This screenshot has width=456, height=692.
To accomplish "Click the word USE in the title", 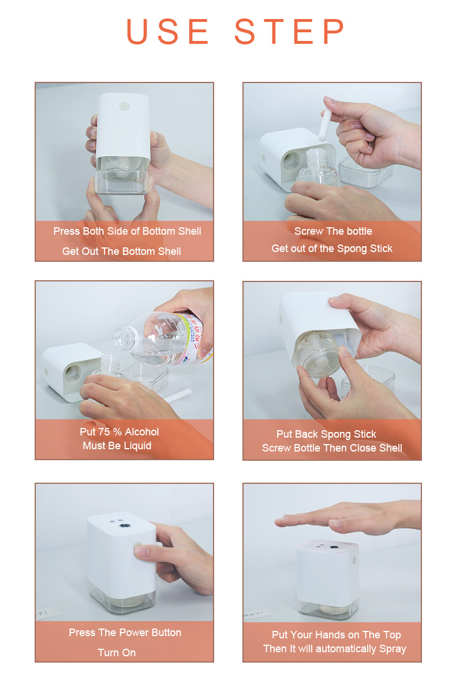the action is click(168, 31).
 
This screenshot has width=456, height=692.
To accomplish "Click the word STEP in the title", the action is click(289, 31).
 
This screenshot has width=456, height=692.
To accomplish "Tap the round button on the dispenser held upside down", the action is click(124, 106).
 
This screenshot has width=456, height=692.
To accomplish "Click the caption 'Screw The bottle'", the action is click(333, 231).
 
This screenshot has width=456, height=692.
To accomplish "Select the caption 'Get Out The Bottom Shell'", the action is click(121, 251).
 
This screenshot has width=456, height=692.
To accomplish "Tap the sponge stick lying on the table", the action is click(177, 396).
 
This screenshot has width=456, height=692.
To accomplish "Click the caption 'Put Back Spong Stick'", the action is click(326, 434).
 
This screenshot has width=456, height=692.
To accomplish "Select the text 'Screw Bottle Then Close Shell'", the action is click(332, 448).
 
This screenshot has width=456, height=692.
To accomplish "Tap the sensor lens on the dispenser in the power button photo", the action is click(124, 525).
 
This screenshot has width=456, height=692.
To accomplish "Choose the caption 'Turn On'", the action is click(117, 652).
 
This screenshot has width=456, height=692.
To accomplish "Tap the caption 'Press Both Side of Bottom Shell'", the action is click(127, 231).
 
